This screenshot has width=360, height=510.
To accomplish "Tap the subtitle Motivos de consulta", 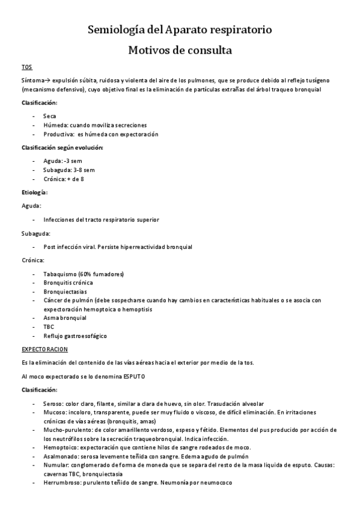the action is click(180, 51).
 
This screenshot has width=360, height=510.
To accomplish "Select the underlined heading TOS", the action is click(26, 67).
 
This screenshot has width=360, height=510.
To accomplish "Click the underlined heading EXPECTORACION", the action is click(44, 349).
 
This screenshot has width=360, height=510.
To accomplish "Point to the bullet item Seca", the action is click(50, 115).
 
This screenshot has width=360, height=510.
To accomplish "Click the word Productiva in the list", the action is click(58, 134).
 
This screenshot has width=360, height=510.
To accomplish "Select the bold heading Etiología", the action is click(34, 192).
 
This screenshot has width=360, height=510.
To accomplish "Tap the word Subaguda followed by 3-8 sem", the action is click(58, 170).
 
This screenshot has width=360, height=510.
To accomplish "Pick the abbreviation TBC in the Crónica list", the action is click(49, 327).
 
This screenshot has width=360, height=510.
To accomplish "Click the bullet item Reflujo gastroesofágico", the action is click(75, 336).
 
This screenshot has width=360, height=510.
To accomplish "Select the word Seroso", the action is click(53, 403).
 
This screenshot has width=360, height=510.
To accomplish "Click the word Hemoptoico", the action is click(60, 447).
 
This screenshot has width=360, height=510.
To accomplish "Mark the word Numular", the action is click(56, 465).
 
